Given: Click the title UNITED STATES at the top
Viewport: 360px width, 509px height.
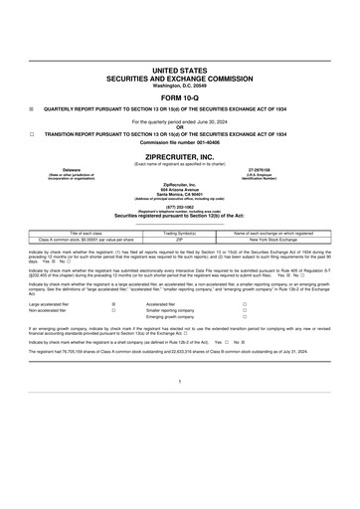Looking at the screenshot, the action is tap(180, 72).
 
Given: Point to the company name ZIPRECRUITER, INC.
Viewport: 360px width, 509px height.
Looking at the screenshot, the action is tap(180, 171).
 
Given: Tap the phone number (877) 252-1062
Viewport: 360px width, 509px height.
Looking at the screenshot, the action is tap(180, 235).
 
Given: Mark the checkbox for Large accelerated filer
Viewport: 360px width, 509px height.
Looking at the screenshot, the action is tap(114, 332).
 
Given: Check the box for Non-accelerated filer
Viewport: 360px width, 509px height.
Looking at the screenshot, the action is tap(114, 339).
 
